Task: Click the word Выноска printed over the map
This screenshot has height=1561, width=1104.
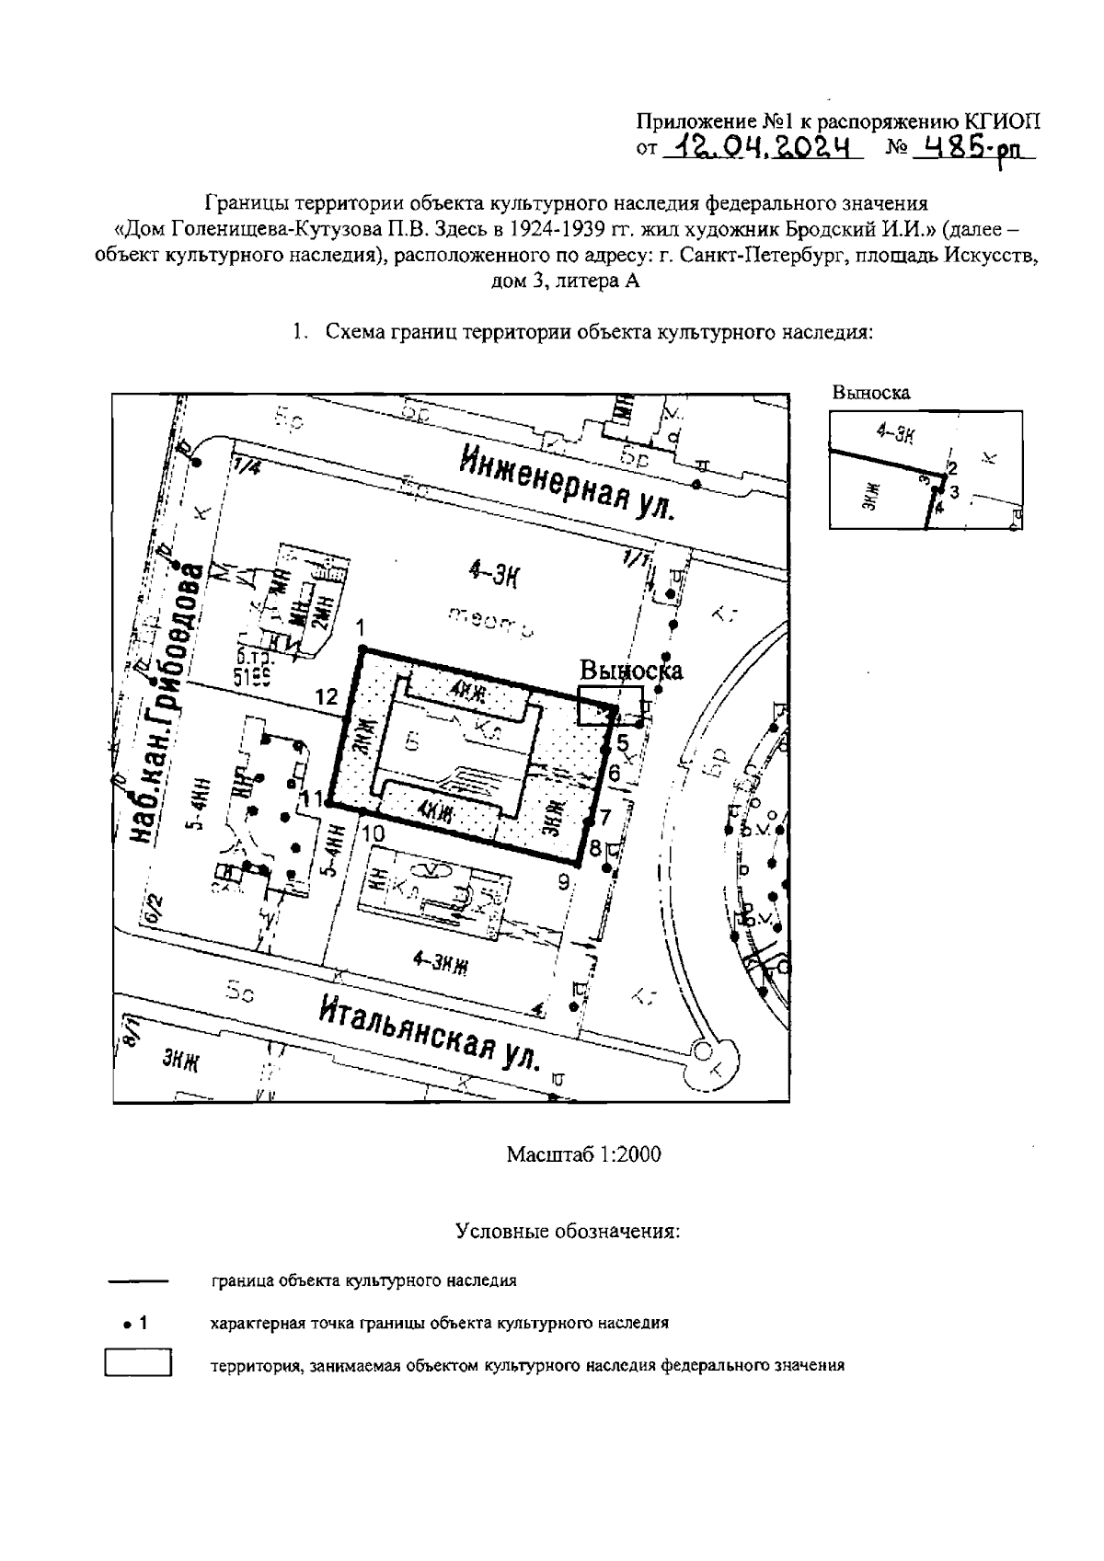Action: coord(631,670)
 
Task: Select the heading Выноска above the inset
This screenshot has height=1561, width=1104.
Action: coord(870,393)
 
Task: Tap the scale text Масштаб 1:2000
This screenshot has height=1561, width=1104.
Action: coord(583,1154)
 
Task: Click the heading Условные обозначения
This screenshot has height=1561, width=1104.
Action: coord(568,1231)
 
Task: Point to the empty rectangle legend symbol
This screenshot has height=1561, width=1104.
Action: coord(139,1362)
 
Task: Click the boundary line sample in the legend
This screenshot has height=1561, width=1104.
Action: coord(138,1280)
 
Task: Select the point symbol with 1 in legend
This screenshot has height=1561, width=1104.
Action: coord(132,1324)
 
